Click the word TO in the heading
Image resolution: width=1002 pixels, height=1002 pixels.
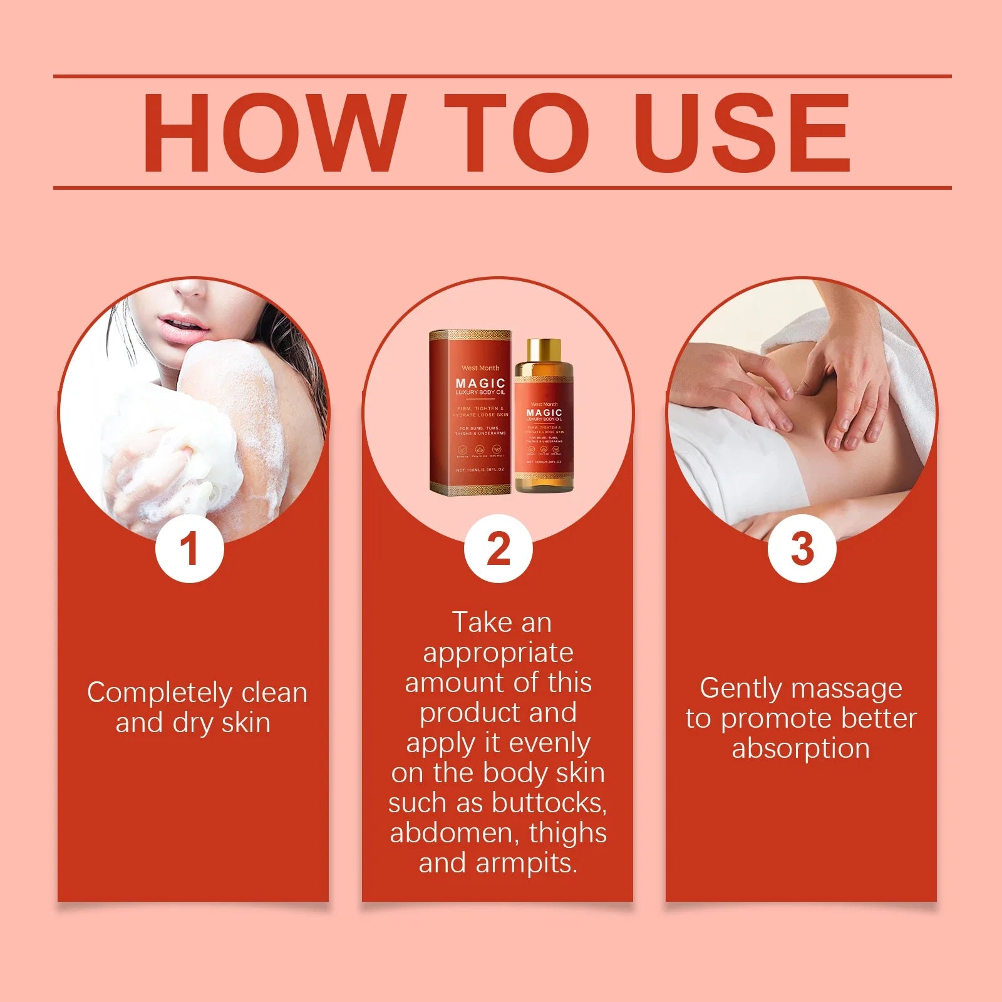(517, 133)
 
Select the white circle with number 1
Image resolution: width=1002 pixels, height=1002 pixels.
(190, 549)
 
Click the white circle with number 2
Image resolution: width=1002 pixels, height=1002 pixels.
(498, 549)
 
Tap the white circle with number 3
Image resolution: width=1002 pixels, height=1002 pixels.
(802, 549)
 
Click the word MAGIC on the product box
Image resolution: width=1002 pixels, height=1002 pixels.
(480, 383)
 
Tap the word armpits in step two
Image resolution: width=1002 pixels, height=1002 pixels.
(525, 864)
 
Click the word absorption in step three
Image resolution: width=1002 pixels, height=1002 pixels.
(801, 749)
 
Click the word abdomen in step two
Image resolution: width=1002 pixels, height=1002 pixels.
(454, 834)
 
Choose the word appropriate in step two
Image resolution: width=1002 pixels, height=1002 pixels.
(498, 653)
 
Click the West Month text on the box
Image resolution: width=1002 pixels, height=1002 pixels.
(480, 368)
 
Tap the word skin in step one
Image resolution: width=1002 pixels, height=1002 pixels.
(246, 723)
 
